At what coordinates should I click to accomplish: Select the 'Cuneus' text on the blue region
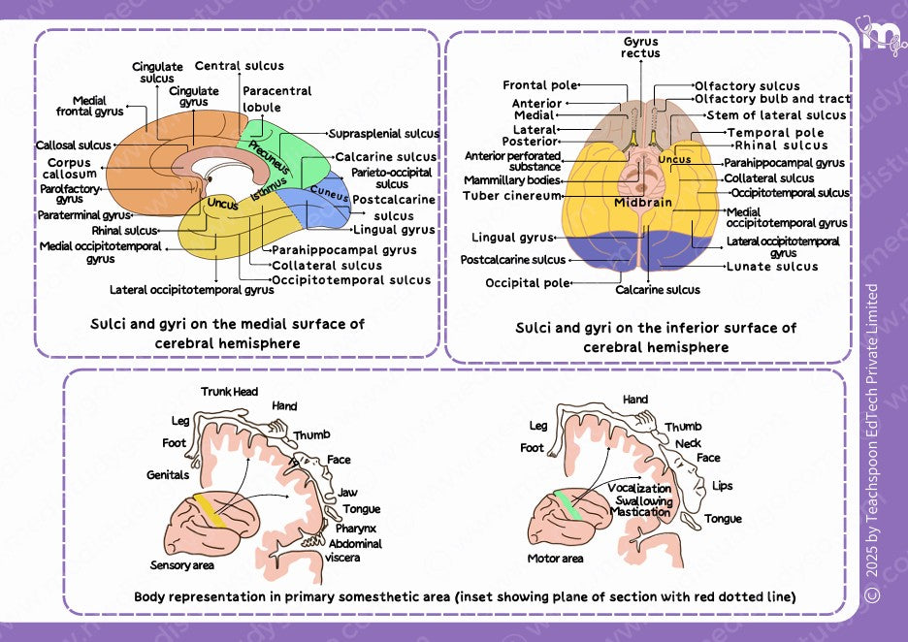point(330,191)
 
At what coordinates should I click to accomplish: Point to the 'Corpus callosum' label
point(70,169)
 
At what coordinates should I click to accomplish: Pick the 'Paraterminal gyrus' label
point(83,214)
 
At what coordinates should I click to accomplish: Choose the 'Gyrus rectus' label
point(641,48)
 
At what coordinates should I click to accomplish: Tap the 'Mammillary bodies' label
point(511,180)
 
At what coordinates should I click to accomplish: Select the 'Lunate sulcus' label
point(772,266)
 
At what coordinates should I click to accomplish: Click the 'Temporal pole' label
point(775,133)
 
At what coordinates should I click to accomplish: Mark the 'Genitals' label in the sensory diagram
point(167,475)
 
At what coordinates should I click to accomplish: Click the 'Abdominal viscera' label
point(355,550)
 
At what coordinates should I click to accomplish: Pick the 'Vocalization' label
point(639,488)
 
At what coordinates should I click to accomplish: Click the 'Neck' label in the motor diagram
point(688,442)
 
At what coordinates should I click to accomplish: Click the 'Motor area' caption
point(555,559)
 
